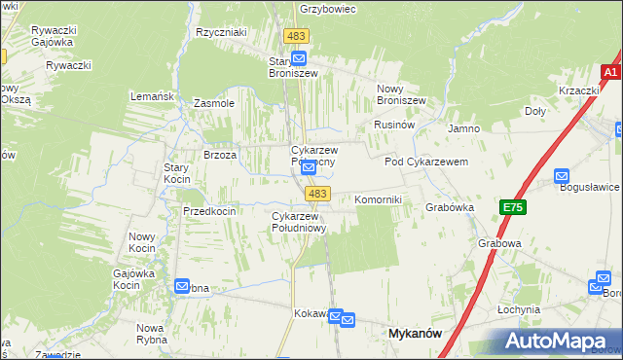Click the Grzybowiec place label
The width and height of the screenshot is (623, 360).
coord(328,9)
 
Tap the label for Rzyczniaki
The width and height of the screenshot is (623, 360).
coord(221,32)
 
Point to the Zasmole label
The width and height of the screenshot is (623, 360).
coord(214,102)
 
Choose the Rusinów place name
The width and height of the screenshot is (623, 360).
coord(394,126)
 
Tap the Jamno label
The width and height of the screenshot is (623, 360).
coord(463,128)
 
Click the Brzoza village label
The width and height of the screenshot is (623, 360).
coord(220,155)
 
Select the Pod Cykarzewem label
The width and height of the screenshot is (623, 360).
coord(426,162)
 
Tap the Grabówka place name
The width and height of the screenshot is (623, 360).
coord(449,206)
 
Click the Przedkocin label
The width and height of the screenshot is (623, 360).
coord(209,211)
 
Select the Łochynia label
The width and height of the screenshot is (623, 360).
coord(518,309)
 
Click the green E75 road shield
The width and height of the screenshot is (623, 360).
coord(513,207)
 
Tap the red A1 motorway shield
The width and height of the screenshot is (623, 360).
coord(610,73)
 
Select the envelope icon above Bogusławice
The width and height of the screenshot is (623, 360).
coord(562,175)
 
